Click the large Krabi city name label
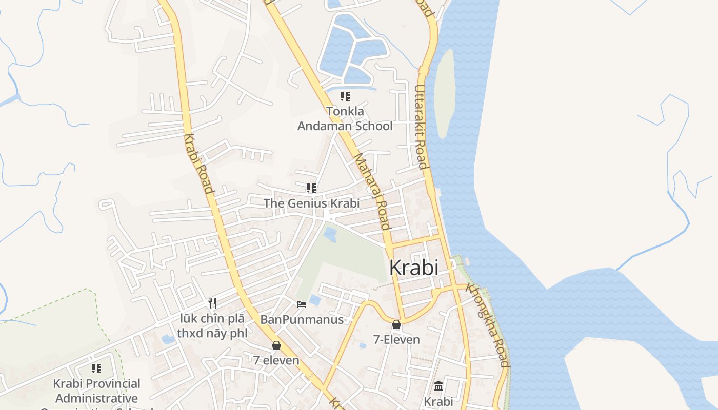coord(414,268)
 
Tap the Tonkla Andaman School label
coord(345,118)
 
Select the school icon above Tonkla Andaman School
coord(345,96)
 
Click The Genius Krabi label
coord(311,203)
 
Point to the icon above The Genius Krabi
coord(311,188)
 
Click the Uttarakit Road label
coord(421,127)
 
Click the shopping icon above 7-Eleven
coord(396,324)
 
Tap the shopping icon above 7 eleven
coord(276,345)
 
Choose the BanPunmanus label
coord(302,320)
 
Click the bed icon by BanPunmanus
coord(302,304)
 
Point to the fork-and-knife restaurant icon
coord(212,303)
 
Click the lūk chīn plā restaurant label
coord(212,326)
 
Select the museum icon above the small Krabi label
coord(438,386)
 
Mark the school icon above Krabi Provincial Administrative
coord(96,368)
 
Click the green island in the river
coord(444,92)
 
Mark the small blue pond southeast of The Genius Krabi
coord(330,235)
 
